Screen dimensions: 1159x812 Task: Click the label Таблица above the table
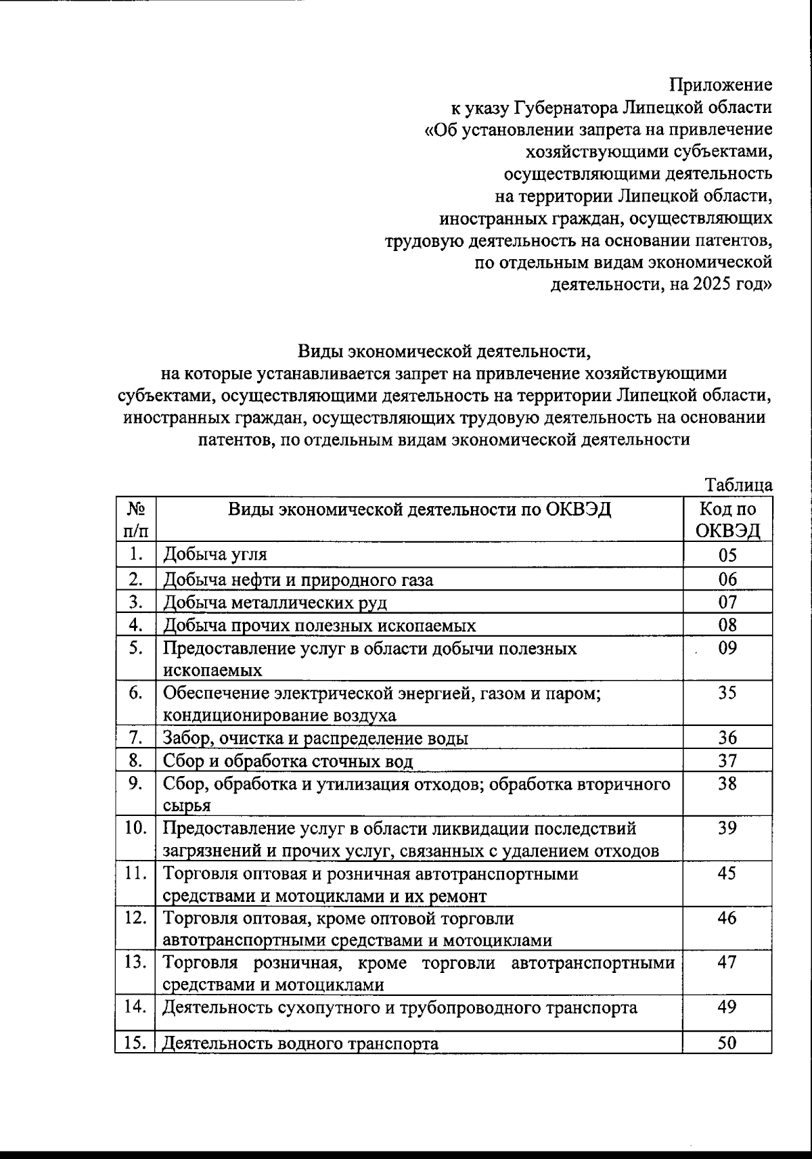(x=738, y=485)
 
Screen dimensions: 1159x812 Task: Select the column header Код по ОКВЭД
(x=727, y=520)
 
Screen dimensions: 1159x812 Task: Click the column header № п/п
(x=136, y=520)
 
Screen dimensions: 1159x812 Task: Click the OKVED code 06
(x=727, y=579)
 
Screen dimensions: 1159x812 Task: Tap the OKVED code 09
(x=727, y=648)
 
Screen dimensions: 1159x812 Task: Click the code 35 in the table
(x=727, y=693)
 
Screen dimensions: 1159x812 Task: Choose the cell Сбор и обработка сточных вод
(x=288, y=761)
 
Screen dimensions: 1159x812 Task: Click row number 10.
(x=136, y=828)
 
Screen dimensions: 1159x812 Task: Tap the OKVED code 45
(x=727, y=873)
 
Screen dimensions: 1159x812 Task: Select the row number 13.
(x=136, y=962)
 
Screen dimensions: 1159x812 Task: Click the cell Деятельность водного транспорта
(x=300, y=1043)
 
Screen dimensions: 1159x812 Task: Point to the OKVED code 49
(x=727, y=1007)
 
